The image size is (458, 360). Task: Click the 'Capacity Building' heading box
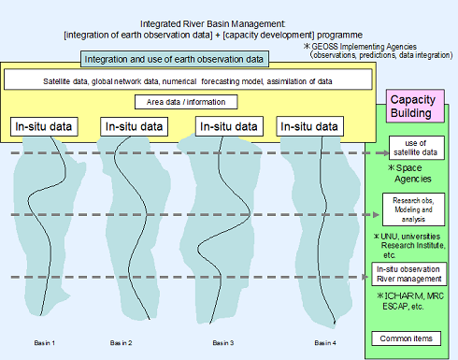(417, 105)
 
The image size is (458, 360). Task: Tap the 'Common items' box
(411, 338)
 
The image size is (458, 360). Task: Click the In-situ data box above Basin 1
(44, 125)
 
